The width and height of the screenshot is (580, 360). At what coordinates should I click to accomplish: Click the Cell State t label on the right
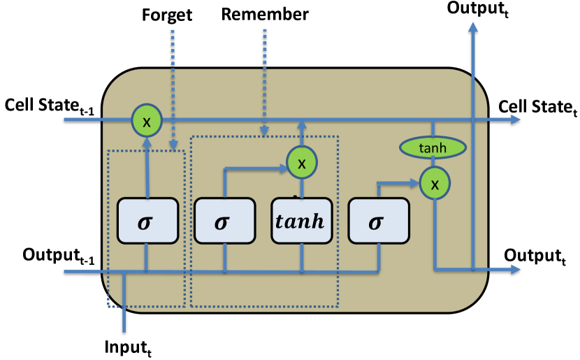[537, 106]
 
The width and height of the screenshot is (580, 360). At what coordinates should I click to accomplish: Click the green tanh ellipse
[433, 147]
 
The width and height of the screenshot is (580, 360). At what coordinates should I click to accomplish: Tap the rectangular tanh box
[301, 222]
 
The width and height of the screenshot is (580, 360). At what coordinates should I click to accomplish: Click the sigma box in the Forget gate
[147, 222]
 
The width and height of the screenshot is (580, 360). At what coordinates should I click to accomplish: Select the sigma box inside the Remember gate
[224, 222]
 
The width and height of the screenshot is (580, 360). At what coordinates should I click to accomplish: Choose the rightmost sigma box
[378, 222]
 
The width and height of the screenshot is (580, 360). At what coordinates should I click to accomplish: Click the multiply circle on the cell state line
[146, 120]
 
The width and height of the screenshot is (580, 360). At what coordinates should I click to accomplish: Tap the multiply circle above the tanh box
[301, 163]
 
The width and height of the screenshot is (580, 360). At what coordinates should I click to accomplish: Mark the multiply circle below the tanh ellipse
[435, 184]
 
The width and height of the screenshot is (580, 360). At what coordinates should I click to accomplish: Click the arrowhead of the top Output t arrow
[474, 27]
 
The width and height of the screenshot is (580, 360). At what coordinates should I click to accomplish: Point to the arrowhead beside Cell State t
[515, 120]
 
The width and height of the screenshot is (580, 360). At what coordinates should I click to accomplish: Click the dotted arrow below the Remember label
[265, 77]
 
